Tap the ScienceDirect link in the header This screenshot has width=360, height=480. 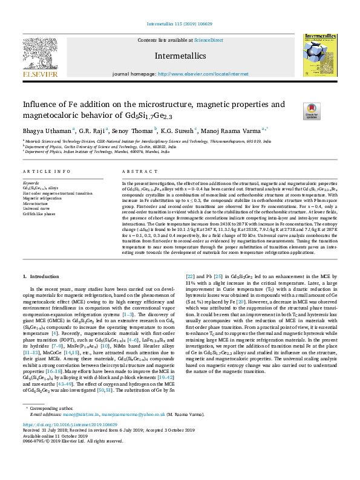tap(208, 40)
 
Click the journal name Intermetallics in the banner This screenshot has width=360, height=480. tap(180, 56)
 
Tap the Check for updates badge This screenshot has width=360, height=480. tap(295, 111)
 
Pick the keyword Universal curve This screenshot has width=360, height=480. tap(38, 209)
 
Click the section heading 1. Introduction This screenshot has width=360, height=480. tap(41, 276)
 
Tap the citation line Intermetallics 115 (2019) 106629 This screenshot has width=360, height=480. tap(180, 24)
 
